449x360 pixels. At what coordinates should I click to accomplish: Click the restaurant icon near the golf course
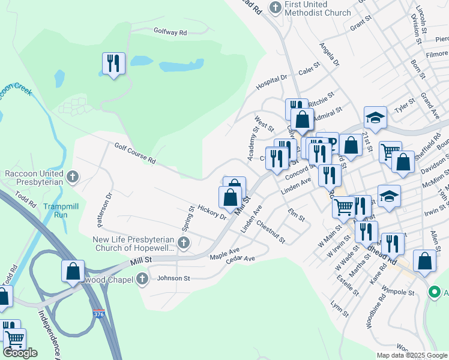(x=113, y=63)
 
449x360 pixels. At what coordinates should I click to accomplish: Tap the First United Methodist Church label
(x=318, y=8)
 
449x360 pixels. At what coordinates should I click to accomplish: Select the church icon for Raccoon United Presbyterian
(x=73, y=176)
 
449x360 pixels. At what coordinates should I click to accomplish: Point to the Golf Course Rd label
(x=135, y=153)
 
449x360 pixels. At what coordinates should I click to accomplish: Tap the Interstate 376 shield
(x=98, y=313)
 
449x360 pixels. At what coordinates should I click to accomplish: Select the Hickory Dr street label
(x=211, y=211)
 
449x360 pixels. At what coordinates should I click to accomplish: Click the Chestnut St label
(x=270, y=232)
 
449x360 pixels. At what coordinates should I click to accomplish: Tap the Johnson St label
(x=173, y=278)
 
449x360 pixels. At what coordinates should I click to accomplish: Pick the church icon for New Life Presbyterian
(x=184, y=243)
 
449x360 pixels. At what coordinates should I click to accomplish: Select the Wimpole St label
(x=399, y=293)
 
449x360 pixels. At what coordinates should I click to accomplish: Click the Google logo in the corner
(x=20, y=353)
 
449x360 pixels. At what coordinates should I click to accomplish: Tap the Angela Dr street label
(x=330, y=54)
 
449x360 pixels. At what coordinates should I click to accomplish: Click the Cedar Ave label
(x=241, y=259)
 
